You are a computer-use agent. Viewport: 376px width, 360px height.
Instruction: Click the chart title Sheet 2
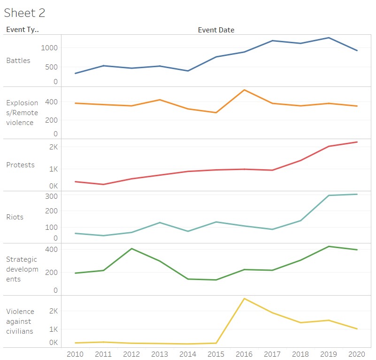[24, 13]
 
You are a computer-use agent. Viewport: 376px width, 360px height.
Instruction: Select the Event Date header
[216, 30]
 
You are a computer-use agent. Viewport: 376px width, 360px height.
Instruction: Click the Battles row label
[18, 61]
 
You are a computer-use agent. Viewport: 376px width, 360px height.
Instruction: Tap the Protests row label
[20, 165]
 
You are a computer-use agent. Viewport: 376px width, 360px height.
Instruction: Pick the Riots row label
[15, 217]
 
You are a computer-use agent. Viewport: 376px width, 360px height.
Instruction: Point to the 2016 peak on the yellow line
[244, 298]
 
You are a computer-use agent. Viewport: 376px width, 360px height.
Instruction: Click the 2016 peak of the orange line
[244, 90]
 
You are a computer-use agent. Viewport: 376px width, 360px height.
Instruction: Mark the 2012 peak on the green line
[131, 249]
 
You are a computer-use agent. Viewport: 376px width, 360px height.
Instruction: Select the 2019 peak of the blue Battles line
[329, 38]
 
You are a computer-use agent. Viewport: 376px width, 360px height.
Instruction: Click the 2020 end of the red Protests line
[357, 142]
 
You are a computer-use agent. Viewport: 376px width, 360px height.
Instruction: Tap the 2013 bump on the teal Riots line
[160, 222]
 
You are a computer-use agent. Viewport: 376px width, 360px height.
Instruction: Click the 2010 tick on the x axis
[75, 354]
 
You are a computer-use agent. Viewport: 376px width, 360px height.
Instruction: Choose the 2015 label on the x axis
[216, 354]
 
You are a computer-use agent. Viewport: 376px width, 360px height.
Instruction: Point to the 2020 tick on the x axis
[357, 354]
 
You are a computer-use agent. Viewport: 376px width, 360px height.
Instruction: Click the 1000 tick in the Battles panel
[49, 47]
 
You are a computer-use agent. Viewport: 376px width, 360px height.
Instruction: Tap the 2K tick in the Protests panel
[53, 147]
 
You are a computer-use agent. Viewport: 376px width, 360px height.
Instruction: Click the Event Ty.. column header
[23, 30]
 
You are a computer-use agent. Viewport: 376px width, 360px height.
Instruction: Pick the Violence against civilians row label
[20, 321]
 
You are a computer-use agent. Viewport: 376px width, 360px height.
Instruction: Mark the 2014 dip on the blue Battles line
[188, 71]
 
